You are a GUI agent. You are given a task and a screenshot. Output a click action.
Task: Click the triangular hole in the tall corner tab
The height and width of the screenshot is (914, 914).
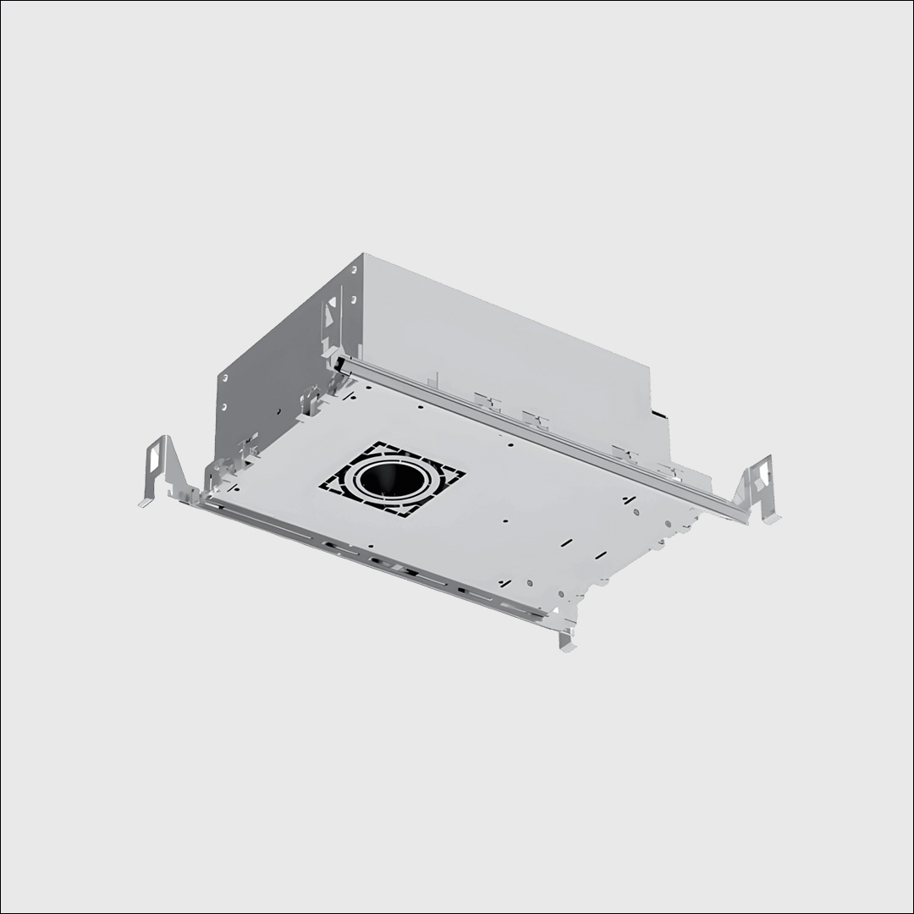(x=332, y=300)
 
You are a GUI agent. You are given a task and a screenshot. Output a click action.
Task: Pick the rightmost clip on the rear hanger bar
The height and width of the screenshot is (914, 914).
(x=669, y=470)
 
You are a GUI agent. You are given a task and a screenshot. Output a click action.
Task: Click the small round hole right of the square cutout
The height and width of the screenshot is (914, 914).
(x=504, y=522)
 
